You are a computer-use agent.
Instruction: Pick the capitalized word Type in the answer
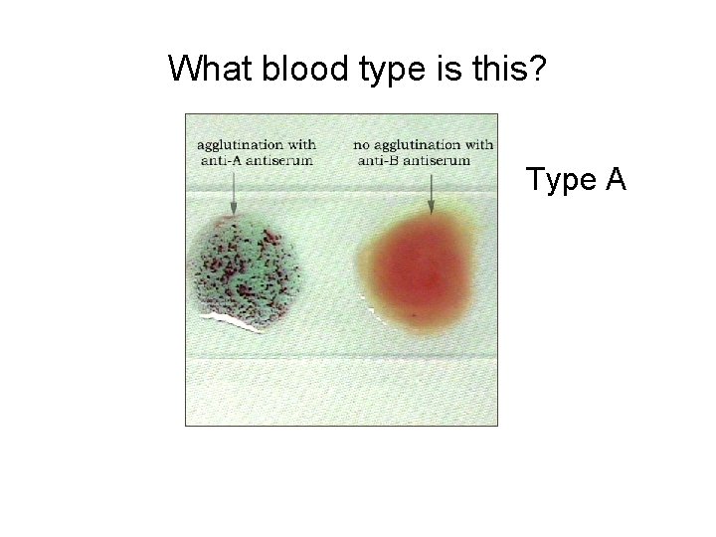[560, 180]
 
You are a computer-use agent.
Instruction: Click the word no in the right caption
[363, 144]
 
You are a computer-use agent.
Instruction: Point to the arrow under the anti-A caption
[232, 190]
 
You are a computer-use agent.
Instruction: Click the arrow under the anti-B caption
[431, 192]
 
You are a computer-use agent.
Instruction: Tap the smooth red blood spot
[424, 263]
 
